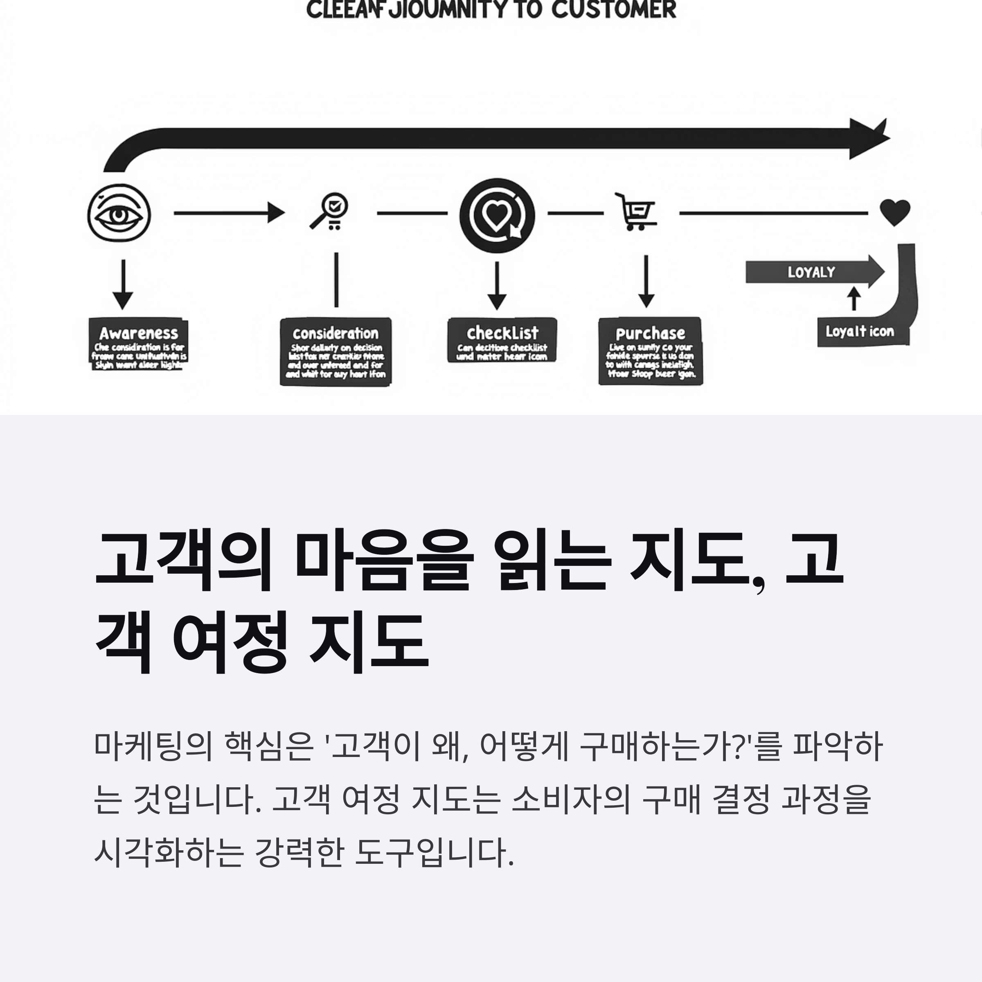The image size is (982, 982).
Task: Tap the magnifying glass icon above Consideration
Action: tap(330, 211)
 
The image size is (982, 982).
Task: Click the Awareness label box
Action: tap(138, 345)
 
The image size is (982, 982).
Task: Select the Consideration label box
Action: tap(336, 352)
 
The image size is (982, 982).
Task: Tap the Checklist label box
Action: tap(502, 340)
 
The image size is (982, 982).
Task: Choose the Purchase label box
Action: tap(650, 351)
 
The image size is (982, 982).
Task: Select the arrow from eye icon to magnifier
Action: tap(229, 212)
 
